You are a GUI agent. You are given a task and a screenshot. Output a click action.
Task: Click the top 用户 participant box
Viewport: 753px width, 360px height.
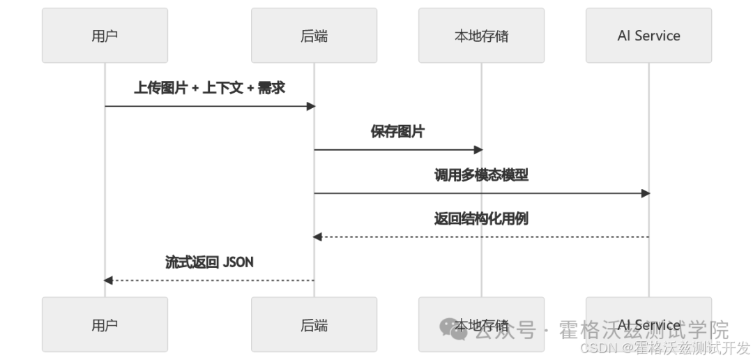[x=105, y=36]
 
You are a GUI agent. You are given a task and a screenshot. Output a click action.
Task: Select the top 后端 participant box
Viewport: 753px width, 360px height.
[x=314, y=36]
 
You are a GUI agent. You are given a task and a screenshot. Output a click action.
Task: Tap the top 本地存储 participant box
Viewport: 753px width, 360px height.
[x=481, y=36]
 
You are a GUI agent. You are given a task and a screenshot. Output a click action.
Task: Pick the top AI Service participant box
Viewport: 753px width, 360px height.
[x=648, y=36]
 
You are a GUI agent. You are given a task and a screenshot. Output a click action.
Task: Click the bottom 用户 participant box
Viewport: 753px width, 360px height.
[x=105, y=324]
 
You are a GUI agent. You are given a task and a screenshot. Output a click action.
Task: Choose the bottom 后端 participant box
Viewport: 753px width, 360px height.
[x=314, y=324]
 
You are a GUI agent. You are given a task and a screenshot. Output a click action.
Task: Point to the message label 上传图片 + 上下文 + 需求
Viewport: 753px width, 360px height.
[x=209, y=88]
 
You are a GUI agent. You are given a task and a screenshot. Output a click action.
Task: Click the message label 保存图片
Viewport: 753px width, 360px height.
[x=397, y=131]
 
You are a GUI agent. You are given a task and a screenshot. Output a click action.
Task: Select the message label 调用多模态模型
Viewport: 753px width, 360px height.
[x=481, y=175]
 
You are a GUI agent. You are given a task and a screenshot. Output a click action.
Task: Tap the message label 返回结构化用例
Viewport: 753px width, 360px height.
[x=481, y=218]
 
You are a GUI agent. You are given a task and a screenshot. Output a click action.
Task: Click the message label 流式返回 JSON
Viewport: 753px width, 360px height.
[x=209, y=262]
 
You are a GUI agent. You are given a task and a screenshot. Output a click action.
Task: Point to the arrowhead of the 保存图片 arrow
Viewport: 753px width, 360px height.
[x=478, y=149]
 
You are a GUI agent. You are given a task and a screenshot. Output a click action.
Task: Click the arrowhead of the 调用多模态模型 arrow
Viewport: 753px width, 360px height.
[x=646, y=193]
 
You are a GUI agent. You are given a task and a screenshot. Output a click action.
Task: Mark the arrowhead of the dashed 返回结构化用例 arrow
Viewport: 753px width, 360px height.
[x=317, y=237]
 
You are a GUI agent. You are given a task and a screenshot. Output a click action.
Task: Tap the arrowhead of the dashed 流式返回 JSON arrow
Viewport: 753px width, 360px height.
[x=108, y=280]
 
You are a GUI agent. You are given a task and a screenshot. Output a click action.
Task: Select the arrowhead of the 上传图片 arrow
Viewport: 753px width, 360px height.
[x=311, y=106]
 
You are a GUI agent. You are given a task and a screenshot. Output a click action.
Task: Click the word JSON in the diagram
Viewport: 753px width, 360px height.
[x=238, y=262]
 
